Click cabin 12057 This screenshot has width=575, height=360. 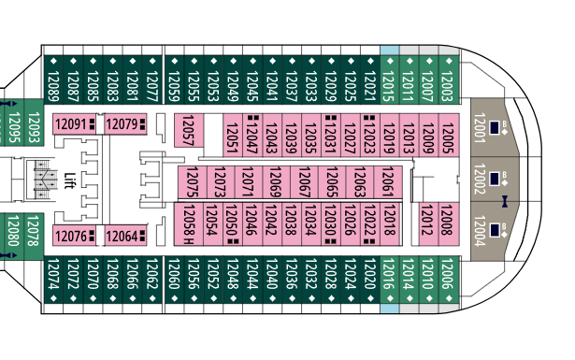189,131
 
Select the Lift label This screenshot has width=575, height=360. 69,180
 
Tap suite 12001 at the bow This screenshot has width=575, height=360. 495,127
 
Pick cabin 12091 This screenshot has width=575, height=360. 75,124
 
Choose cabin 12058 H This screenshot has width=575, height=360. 189,224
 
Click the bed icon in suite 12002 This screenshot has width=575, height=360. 494,179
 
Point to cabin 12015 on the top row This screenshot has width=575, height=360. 390,79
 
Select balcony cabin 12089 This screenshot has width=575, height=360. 53,79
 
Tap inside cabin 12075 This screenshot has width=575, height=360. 193,182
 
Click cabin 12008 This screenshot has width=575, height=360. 449,224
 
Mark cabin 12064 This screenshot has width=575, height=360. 126,236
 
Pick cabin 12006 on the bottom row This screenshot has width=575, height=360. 449,280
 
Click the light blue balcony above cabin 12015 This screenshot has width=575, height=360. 390,50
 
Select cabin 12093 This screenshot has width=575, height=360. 34,122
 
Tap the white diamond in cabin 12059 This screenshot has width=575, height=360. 175,61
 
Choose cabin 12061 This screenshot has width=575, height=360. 388,182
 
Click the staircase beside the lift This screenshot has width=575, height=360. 46,180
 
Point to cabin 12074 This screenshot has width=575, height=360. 53,280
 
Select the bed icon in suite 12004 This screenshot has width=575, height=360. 494,230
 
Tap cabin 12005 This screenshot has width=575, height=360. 449,136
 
